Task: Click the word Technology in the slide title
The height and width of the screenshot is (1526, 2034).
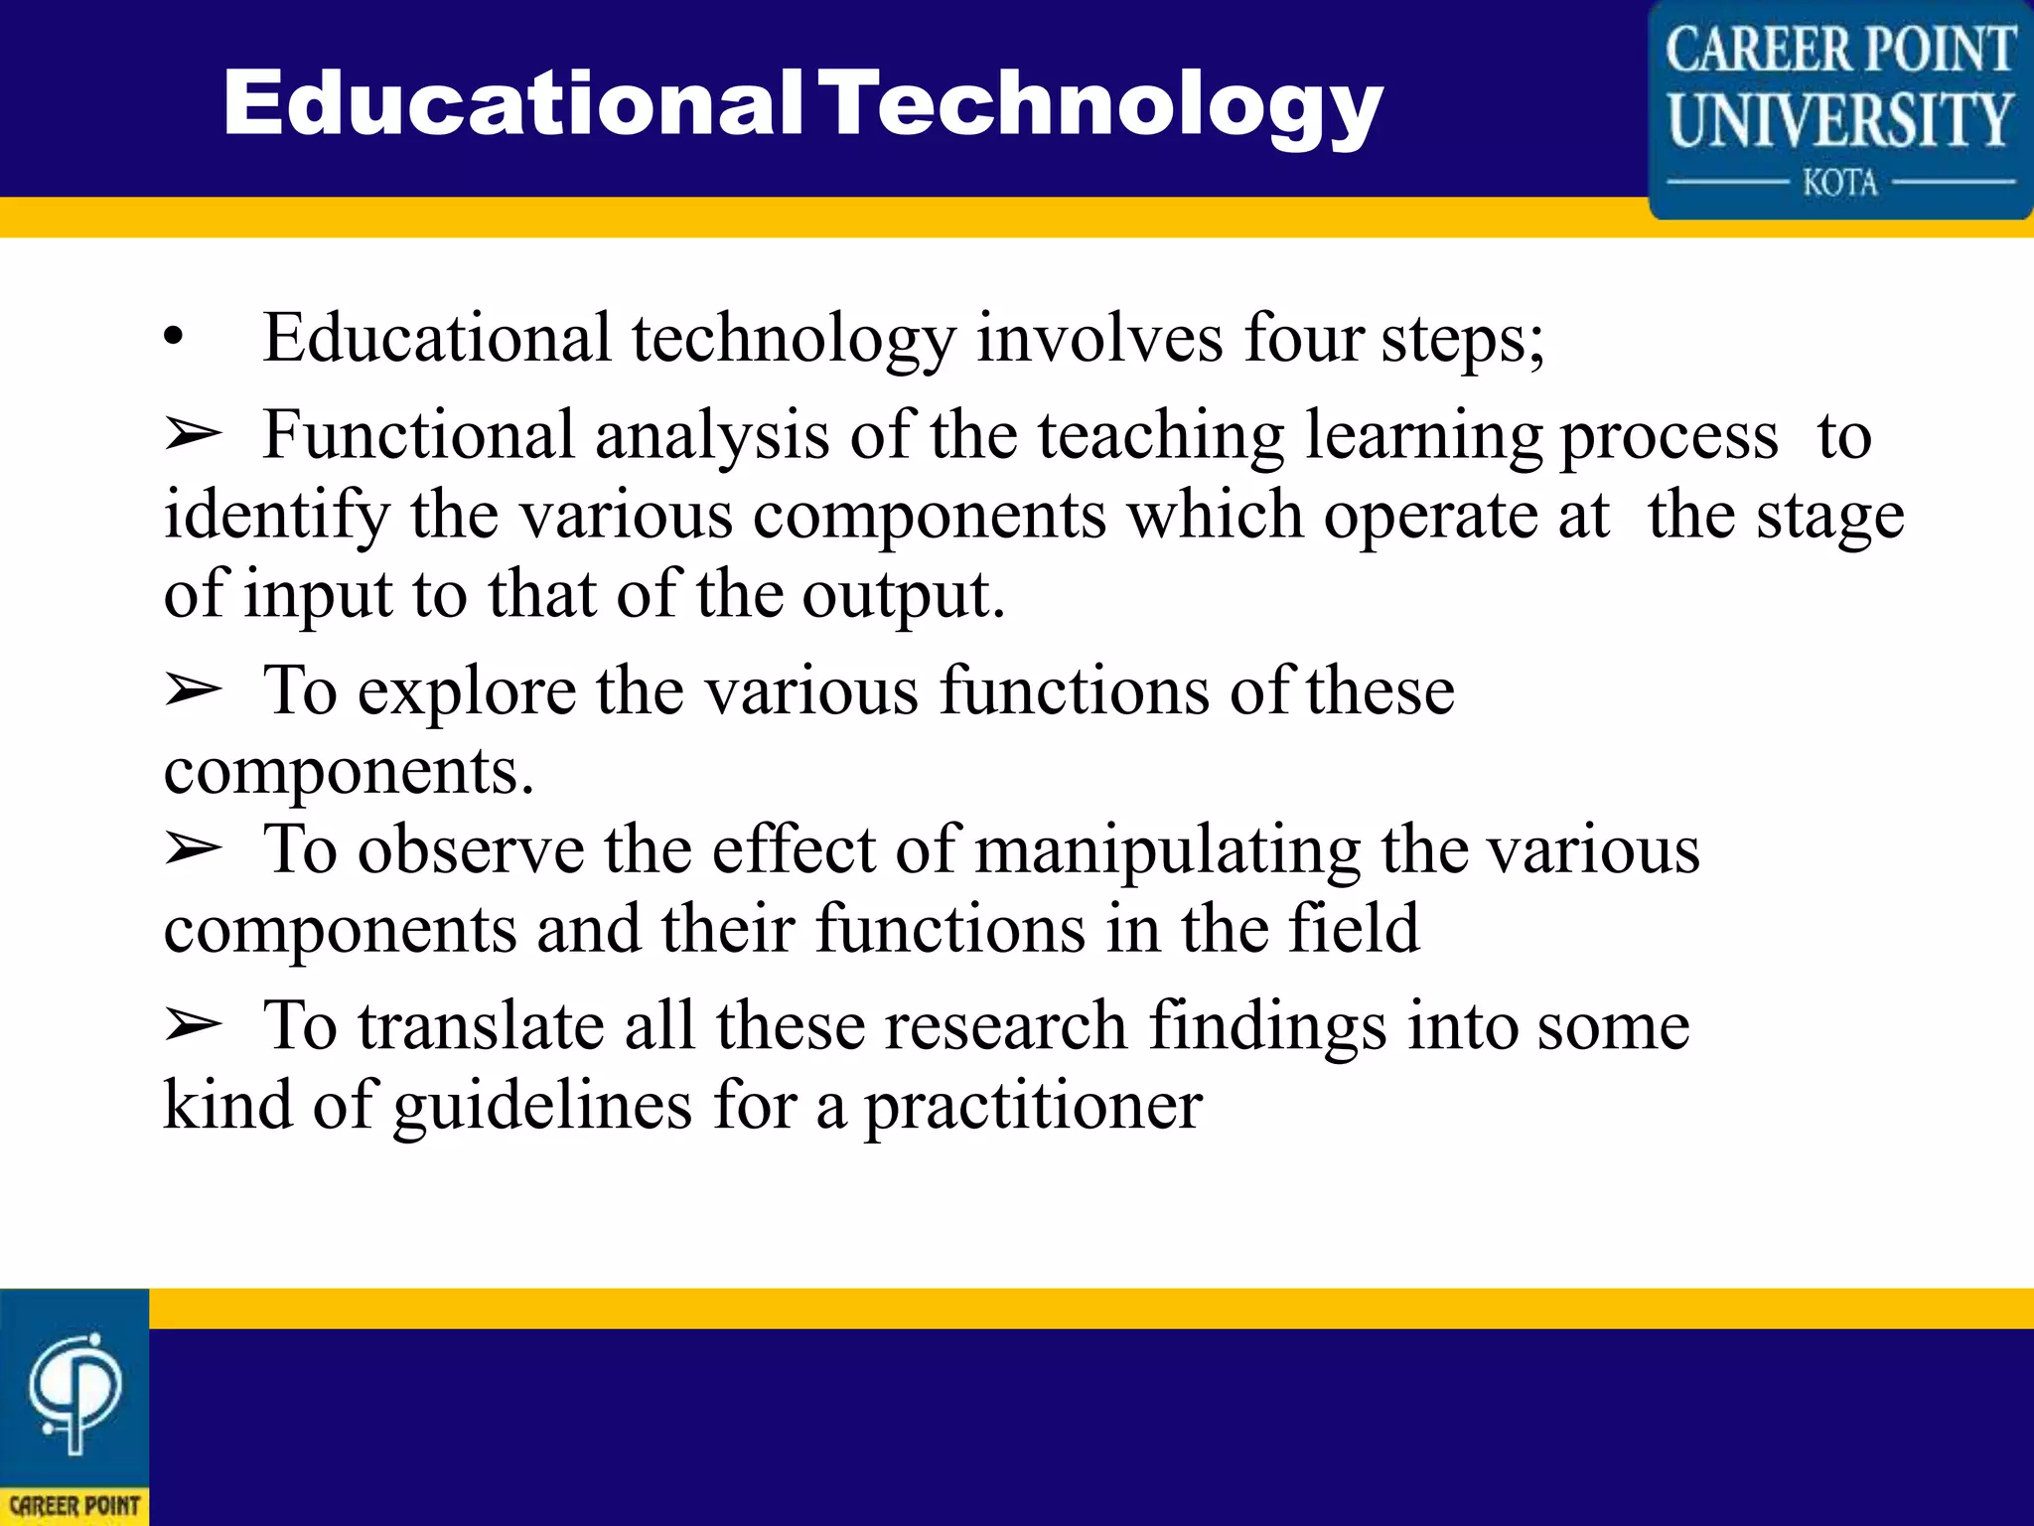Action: pyautogui.click(x=1104, y=104)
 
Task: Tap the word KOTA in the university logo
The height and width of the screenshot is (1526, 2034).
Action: pyautogui.click(x=1840, y=184)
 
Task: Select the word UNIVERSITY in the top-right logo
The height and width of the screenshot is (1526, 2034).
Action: pyautogui.click(x=1840, y=119)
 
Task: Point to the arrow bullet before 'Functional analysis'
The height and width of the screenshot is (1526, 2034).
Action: pyautogui.click(x=193, y=435)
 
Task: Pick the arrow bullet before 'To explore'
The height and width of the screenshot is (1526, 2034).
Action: pyautogui.click(x=193, y=689)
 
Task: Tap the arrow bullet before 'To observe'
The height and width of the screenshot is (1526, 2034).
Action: pyautogui.click(x=193, y=849)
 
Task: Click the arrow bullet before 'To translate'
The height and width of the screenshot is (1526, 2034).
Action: pyautogui.click(x=193, y=1025)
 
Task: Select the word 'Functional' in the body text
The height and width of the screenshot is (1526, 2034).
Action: pyautogui.click(x=418, y=435)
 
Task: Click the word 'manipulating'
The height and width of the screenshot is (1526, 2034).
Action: pyautogui.click(x=1167, y=851)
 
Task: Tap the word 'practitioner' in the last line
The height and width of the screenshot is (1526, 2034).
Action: pyautogui.click(x=1033, y=1107)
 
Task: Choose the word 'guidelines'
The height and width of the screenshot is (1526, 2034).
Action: pyautogui.click(x=542, y=1107)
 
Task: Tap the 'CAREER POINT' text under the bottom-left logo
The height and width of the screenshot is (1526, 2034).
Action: pyautogui.click(x=74, y=1505)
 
